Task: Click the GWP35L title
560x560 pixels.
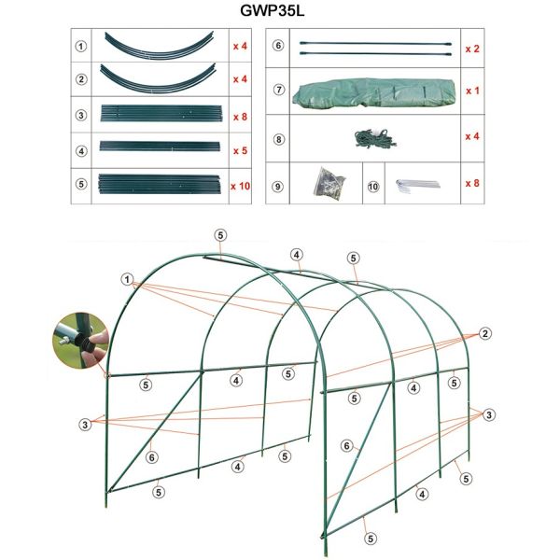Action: (273, 10)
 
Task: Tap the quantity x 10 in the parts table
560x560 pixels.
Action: (241, 186)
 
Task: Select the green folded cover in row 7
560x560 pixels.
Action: (374, 91)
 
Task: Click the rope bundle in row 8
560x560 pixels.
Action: (375, 139)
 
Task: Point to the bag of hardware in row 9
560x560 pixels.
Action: (329, 182)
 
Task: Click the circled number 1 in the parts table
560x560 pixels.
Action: (81, 47)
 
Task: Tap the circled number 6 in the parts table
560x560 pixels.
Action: (278, 46)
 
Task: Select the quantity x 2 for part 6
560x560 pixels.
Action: (472, 49)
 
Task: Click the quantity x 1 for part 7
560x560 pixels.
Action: (472, 91)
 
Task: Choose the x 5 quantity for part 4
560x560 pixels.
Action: (241, 150)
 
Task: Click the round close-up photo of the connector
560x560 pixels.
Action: (80, 341)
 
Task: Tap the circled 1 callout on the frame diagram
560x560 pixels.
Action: (127, 279)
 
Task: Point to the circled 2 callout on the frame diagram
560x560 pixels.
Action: (485, 334)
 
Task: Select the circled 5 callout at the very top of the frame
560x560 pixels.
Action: (220, 235)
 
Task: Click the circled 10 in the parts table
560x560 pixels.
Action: (372, 187)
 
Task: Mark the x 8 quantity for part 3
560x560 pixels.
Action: (241, 118)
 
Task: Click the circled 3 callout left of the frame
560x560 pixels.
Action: (85, 425)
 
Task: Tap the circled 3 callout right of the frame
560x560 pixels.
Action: (489, 415)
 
